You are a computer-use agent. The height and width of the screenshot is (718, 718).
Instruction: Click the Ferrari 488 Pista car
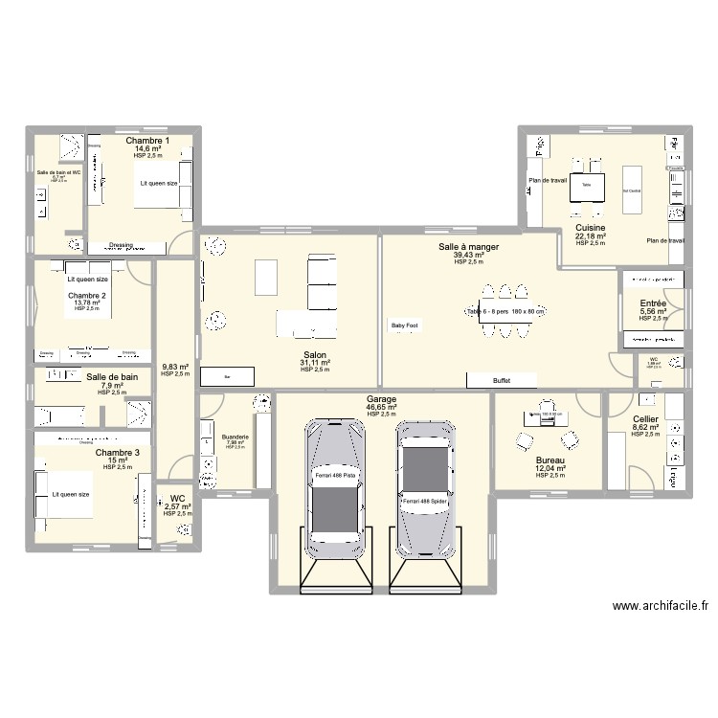[334, 488]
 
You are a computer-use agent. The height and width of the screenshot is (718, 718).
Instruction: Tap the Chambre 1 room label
[147, 141]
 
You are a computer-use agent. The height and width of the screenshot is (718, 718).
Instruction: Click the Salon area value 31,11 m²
[314, 362]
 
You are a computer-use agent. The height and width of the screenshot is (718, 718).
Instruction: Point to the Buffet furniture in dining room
[502, 380]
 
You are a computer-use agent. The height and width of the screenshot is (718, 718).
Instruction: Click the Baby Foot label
[403, 325]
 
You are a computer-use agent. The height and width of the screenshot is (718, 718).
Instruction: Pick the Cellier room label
[645, 419]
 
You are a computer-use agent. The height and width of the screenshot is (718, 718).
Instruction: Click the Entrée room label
[653, 303]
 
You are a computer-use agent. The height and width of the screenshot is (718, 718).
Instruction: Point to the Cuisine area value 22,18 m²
[590, 236]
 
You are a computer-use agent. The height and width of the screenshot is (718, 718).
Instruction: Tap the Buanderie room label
[235, 437]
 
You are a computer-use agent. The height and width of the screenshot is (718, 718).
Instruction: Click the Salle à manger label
[469, 247]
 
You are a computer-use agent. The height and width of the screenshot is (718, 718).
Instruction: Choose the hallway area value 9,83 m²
[175, 367]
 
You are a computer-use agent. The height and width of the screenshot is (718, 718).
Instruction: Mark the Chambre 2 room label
[87, 295]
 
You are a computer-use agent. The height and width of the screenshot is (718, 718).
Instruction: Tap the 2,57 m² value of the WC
[177, 506]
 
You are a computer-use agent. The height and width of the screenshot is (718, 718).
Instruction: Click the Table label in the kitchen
[586, 185]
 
